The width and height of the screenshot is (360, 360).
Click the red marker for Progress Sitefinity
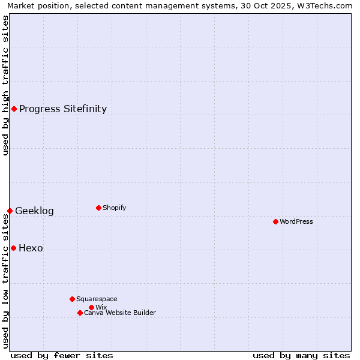(x=14, y=109)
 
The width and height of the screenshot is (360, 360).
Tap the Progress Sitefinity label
(x=63, y=109)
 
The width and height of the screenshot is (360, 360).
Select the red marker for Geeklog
(x=10, y=211)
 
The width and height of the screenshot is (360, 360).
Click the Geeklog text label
(x=34, y=211)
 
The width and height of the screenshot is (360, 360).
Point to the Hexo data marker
(x=13, y=248)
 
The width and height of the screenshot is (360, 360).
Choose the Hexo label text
(x=31, y=248)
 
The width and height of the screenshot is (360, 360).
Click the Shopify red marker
(x=98, y=208)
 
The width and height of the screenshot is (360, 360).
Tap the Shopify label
(x=114, y=208)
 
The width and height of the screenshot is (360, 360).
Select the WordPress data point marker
(x=275, y=221)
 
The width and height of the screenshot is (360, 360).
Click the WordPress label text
(x=296, y=221)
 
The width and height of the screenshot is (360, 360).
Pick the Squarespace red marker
(x=72, y=299)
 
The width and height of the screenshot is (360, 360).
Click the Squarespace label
(x=97, y=299)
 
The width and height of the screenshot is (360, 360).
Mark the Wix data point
(x=91, y=307)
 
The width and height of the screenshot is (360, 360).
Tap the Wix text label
(x=101, y=307)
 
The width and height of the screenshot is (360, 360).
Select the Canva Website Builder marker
(x=80, y=313)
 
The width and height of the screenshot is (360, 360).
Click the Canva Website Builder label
(x=119, y=313)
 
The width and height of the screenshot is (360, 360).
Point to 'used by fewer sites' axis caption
(x=61, y=355)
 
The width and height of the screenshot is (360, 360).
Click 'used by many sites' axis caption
(x=301, y=355)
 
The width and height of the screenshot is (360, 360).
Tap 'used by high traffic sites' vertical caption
(x=5, y=85)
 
